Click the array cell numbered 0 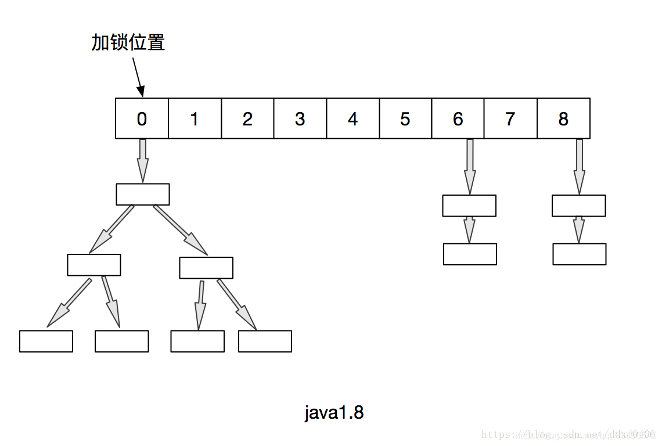[x=142, y=118]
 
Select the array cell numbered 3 [x=300, y=118]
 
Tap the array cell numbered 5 [x=405, y=118]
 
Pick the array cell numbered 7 [x=510, y=118]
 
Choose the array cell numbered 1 [x=194, y=118]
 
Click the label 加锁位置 [x=128, y=42]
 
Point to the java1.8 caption [x=334, y=412]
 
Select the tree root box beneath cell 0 [x=142, y=194]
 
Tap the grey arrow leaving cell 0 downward [x=142, y=160]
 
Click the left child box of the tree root [x=93, y=265]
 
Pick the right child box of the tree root [x=206, y=268]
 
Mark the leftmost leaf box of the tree [x=46, y=341]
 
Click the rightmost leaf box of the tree [x=265, y=341]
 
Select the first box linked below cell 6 [x=469, y=206]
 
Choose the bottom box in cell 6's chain [x=470, y=254]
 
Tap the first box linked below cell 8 [x=578, y=206]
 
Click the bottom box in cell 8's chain [x=579, y=254]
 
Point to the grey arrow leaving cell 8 [x=579, y=166]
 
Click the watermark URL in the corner [x=569, y=434]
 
